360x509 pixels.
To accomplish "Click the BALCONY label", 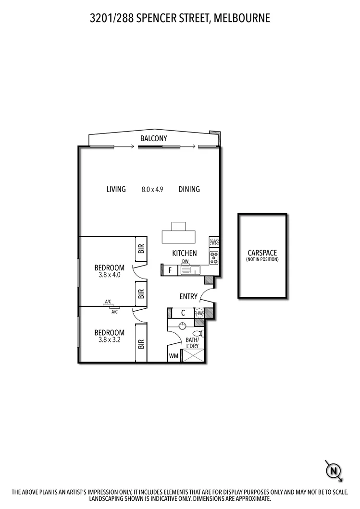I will (x=153, y=138).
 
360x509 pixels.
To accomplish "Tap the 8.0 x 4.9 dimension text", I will (x=152, y=189).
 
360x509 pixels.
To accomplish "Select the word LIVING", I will (x=116, y=189).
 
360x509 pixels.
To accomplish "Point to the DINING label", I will (x=189, y=189).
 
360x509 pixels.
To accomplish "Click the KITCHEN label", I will (x=185, y=253).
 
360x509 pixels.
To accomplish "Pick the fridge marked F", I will (x=170, y=270).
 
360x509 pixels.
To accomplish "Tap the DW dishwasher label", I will (x=185, y=262).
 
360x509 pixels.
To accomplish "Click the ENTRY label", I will (x=188, y=296).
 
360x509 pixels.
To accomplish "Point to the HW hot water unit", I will (x=200, y=313).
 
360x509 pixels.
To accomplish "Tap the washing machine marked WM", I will (x=173, y=356).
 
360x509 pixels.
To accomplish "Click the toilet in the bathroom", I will (x=197, y=334).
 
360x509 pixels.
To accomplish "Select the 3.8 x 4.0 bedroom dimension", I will (x=109, y=275).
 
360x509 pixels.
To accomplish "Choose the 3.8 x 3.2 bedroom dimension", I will (x=109, y=340).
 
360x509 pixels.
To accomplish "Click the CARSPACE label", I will (x=262, y=253).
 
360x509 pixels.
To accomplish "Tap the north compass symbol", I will (x=333, y=470).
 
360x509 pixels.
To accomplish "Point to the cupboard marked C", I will (x=183, y=313).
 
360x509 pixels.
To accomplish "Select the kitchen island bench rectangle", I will (x=179, y=236).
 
